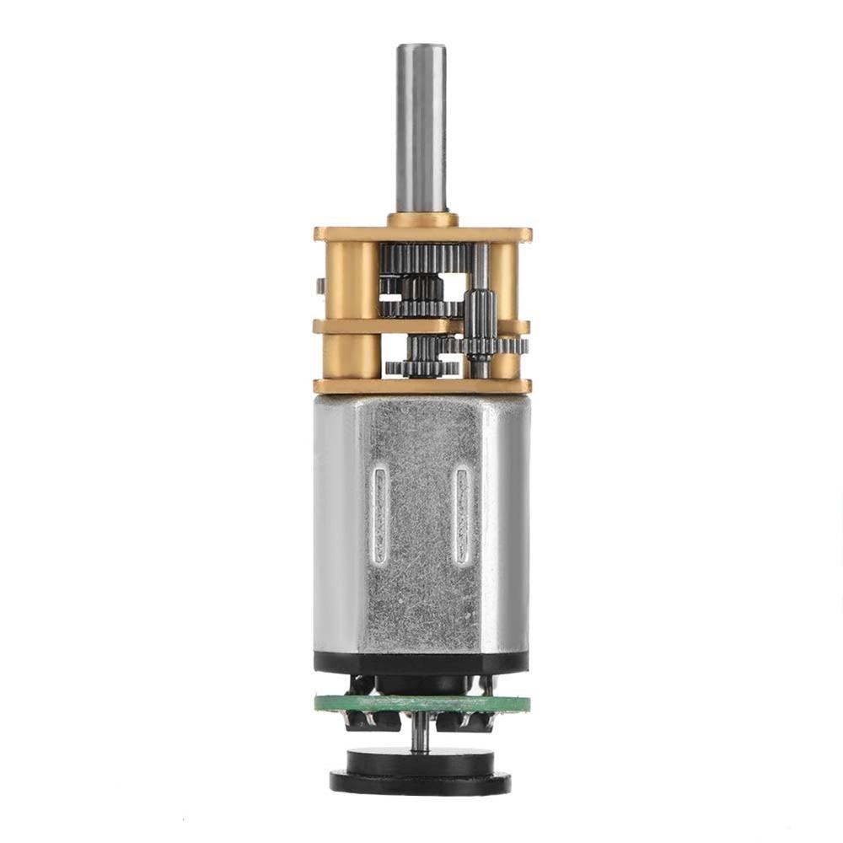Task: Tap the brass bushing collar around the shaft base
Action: pyautogui.click(x=422, y=220)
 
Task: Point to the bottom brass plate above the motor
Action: pyautogui.click(x=421, y=386)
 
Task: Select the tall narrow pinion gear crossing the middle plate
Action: pyautogui.click(x=478, y=325)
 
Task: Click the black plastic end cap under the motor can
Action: pyautogui.click(x=421, y=663)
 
